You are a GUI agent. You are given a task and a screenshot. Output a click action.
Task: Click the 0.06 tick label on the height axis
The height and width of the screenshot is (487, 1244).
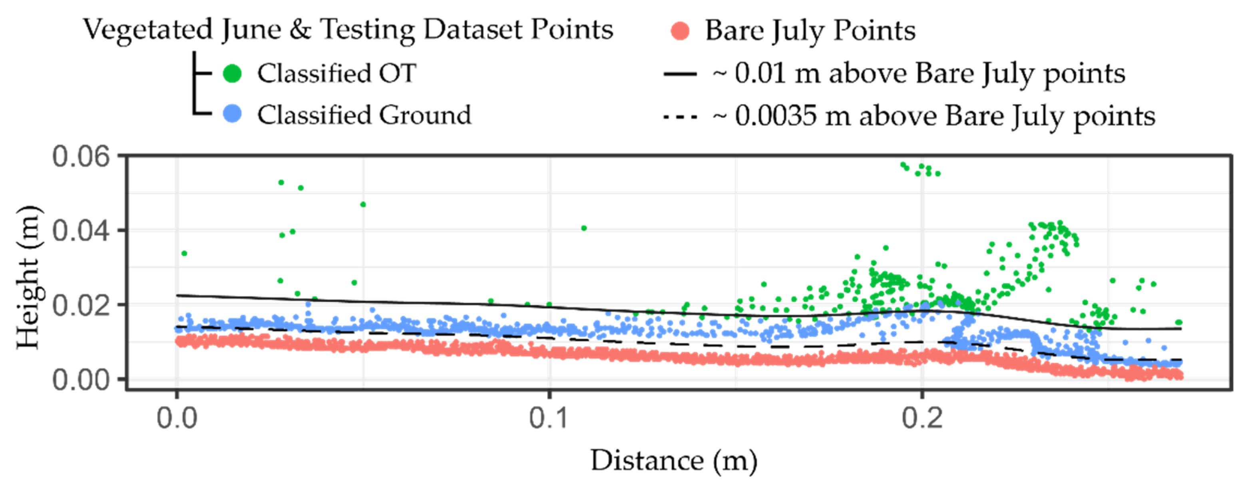tap(81, 157)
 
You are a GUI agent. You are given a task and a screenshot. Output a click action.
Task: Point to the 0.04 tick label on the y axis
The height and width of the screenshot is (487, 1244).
tap(81, 231)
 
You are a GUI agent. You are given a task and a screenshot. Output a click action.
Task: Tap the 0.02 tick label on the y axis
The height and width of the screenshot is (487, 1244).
tap(81, 305)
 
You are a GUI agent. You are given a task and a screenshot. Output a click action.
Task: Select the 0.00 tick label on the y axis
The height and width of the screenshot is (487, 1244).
tap(81, 380)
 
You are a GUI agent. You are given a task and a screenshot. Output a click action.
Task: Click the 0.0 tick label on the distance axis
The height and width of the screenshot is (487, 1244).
tap(177, 418)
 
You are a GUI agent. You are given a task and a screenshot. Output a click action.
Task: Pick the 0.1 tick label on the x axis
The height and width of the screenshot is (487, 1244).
tap(549, 418)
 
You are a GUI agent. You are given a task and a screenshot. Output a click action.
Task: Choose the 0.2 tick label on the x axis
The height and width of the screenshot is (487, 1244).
tap(922, 418)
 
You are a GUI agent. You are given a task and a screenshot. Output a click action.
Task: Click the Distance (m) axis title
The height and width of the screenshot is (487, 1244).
tap(674, 461)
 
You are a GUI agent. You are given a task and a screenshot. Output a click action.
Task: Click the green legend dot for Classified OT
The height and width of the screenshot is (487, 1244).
tap(232, 74)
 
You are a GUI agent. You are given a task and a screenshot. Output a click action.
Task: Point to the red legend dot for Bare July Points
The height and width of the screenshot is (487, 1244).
tap(680, 32)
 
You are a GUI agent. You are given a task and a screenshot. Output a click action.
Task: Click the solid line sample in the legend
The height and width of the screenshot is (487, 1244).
tap(680, 74)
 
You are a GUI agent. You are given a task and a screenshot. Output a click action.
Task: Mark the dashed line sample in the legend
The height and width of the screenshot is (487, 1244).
tap(680, 116)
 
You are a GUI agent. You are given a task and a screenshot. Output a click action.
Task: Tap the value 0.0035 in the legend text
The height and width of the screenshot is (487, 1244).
tap(776, 116)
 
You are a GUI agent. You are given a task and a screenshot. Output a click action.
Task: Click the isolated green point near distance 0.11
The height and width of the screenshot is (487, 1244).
tap(584, 228)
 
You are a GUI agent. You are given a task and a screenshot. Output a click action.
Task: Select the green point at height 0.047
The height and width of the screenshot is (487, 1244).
tap(363, 205)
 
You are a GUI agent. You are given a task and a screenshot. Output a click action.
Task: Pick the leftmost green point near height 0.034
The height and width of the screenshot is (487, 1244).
tap(184, 253)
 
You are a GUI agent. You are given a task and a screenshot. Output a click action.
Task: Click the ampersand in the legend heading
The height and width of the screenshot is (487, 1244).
tap(300, 30)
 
